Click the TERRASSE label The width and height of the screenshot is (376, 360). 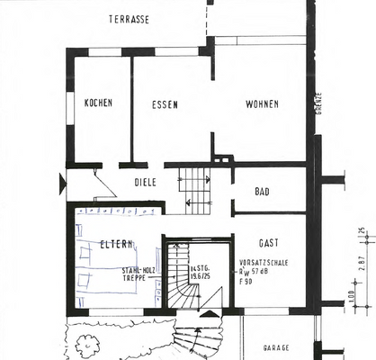[x=129, y=19]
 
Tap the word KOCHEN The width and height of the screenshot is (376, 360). [x=98, y=103]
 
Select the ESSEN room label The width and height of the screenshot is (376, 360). [x=165, y=104]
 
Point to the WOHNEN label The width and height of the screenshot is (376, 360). [x=261, y=104]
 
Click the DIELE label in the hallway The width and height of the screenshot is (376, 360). [x=145, y=183]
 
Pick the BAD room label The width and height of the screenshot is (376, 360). [x=262, y=193]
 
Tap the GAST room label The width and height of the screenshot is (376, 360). [x=268, y=244]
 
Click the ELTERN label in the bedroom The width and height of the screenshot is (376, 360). [x=117, y=244]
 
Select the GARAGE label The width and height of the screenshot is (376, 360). [x=275, y=346]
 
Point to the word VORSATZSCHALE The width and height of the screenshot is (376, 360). [x=264, y=265]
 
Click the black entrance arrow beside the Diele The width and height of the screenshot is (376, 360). [x=61, y=185]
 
